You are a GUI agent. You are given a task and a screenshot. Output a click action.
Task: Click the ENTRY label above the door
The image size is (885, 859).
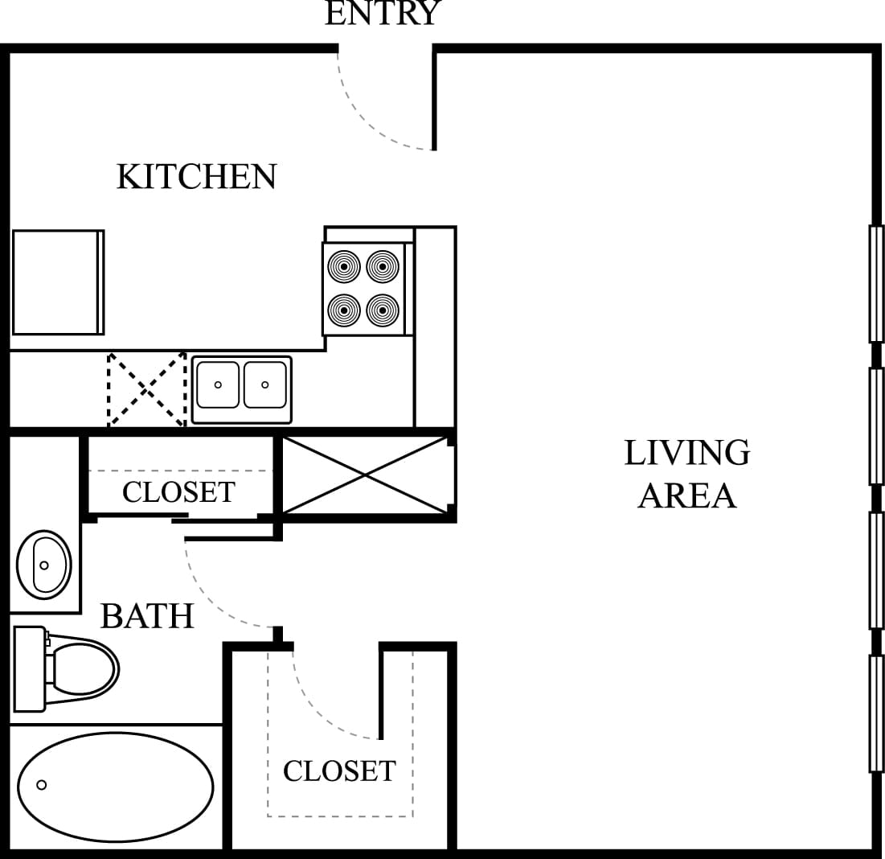coord(383,13)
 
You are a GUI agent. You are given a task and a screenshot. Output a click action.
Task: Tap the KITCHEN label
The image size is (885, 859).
coord(196,177)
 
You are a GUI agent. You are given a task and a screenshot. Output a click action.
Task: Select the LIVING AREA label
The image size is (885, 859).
coord(687,474)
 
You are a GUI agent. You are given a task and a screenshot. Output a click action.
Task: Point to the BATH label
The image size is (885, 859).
coord(147,616)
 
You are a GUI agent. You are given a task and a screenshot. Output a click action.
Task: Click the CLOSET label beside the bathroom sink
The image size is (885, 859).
coord(178,491)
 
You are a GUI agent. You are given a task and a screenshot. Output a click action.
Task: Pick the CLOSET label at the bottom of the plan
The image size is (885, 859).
coord(339,771)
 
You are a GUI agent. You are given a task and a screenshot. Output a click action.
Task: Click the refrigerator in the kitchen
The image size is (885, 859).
coord(56,282)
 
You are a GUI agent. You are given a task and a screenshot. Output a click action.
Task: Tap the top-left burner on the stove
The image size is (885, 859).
coord(344,265)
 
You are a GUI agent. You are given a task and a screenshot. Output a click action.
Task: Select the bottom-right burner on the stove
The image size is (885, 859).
coord(383,309)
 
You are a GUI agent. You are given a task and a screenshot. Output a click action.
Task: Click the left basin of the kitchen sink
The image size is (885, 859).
coord(218,385)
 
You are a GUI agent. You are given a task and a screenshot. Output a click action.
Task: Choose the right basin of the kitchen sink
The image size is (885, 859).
coord(264,385)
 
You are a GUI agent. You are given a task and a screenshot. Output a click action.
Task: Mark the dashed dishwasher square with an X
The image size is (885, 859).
coord(147,389)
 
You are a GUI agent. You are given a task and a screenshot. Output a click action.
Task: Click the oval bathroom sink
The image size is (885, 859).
coord(44,565)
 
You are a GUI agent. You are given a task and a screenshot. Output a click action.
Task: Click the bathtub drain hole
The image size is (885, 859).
coord(42,785)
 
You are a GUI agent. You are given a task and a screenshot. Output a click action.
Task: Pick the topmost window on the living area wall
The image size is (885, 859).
coord(876,284)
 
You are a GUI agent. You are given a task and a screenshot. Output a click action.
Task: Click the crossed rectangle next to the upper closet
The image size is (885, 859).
coord(366,475)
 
